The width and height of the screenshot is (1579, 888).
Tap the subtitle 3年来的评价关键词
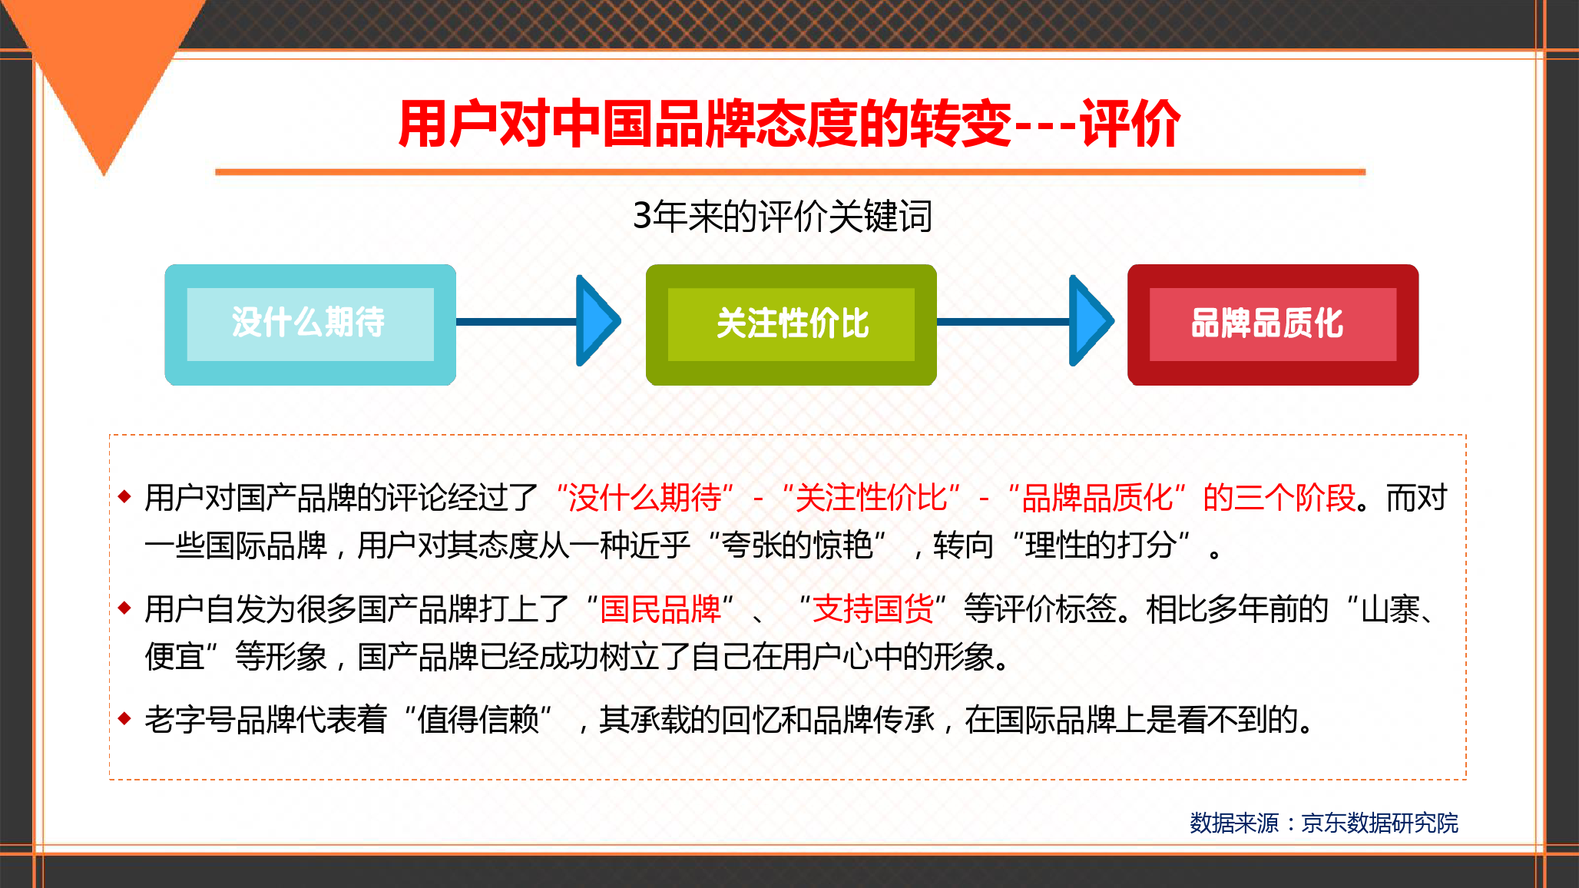[x=783, y=216]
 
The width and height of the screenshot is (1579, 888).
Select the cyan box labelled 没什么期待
[x=310, y=324]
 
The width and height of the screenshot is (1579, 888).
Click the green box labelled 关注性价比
[x=791, y=324]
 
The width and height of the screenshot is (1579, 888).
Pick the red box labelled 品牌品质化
[x=1273, y=324]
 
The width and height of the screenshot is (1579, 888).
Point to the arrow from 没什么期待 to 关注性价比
[x=538, y=321]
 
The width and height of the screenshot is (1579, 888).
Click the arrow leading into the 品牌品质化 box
[x=1025, y=321]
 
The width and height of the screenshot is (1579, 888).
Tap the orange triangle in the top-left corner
[x=104, y=69]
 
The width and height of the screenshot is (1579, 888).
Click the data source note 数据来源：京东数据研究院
[x=1323, y=823]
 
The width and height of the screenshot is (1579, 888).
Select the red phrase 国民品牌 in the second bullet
[x=660, y=609]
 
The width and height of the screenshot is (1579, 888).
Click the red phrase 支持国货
[x=872, y=609]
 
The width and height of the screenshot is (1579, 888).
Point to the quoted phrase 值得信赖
[x=478, y=720]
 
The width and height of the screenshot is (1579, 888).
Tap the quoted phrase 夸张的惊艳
[x=797, y=545]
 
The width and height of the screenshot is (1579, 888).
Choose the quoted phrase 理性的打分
[x=1101, y=545]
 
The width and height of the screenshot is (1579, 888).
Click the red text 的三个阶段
[x=1279, y=498]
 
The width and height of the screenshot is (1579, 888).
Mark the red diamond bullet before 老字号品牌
[x=125, y=719]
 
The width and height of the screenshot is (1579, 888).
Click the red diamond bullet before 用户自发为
[x=125, y=608]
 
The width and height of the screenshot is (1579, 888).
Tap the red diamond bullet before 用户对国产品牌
[x=125, y=496]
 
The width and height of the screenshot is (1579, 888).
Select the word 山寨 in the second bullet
[x=1390, y=609]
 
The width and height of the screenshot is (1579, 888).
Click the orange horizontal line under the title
[x=790, y=172]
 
